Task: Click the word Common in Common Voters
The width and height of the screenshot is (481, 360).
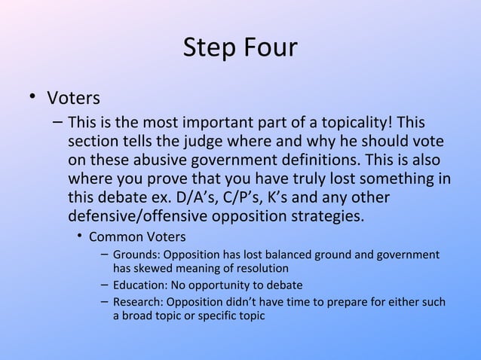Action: [115, 238]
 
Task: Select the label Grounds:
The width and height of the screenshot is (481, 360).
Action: [136, 255]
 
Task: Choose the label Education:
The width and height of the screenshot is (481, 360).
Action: [141, 285]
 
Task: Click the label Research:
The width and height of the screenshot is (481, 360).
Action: [139, 303]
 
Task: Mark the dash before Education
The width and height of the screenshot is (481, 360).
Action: [103, 285]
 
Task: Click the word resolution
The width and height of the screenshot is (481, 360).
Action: [262, 267]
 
